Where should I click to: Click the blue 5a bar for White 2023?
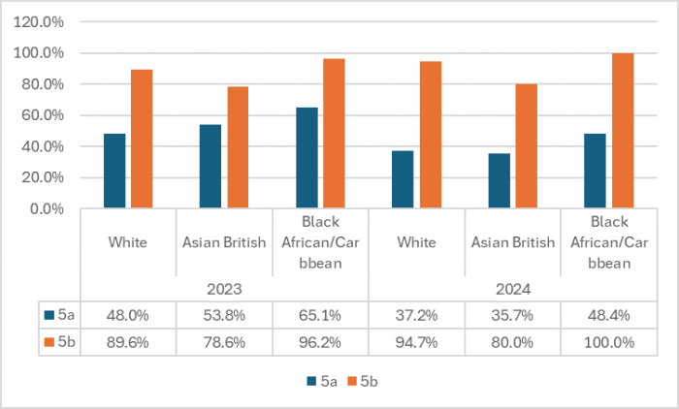114,171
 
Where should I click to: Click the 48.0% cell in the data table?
128,314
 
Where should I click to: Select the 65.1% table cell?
320,314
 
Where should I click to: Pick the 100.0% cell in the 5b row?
608,341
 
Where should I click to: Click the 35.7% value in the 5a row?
512,314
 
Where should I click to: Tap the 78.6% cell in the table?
224,341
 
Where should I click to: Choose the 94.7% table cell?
416,341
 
